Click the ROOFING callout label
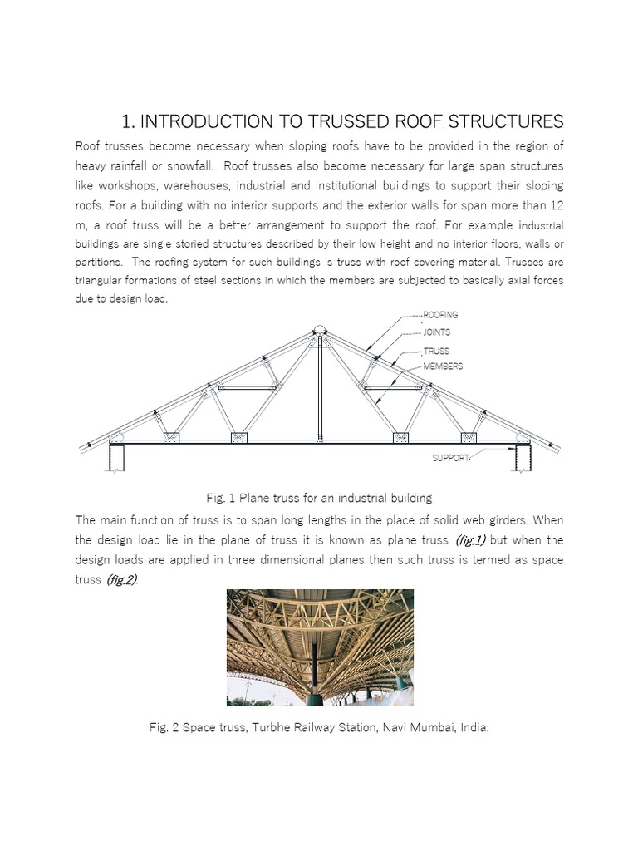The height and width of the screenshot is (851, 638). (x=440, y=315)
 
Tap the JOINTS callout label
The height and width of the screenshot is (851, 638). (x=437, y=332)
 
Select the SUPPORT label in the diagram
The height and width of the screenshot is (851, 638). (x=451, y=458)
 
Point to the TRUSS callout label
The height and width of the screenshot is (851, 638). (x=436, y=352)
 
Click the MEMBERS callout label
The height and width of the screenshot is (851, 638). (x=443, y=366)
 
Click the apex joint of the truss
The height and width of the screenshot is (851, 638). (x=320, y=334)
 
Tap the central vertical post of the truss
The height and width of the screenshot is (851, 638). (x=320, y=391)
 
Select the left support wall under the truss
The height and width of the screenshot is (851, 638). (x=117, y=458)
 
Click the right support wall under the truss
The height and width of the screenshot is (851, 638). (x=523, y=458)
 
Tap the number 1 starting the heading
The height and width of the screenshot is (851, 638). (x=127, y=122)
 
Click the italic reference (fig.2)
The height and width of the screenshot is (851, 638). (x=121, y=579)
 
